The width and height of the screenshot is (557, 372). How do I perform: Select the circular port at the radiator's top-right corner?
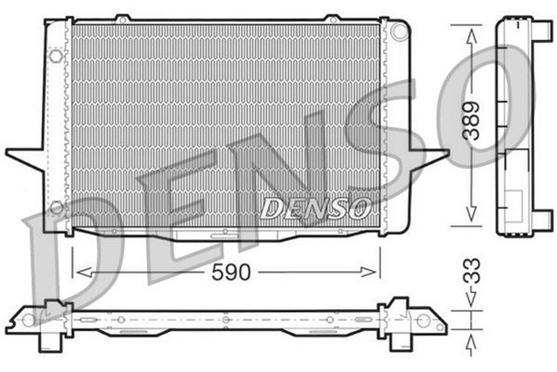tap(399, 30)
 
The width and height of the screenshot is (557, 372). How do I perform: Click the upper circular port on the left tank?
tap(57, 57)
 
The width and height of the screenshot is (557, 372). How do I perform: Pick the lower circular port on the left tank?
tap(57, 207)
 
